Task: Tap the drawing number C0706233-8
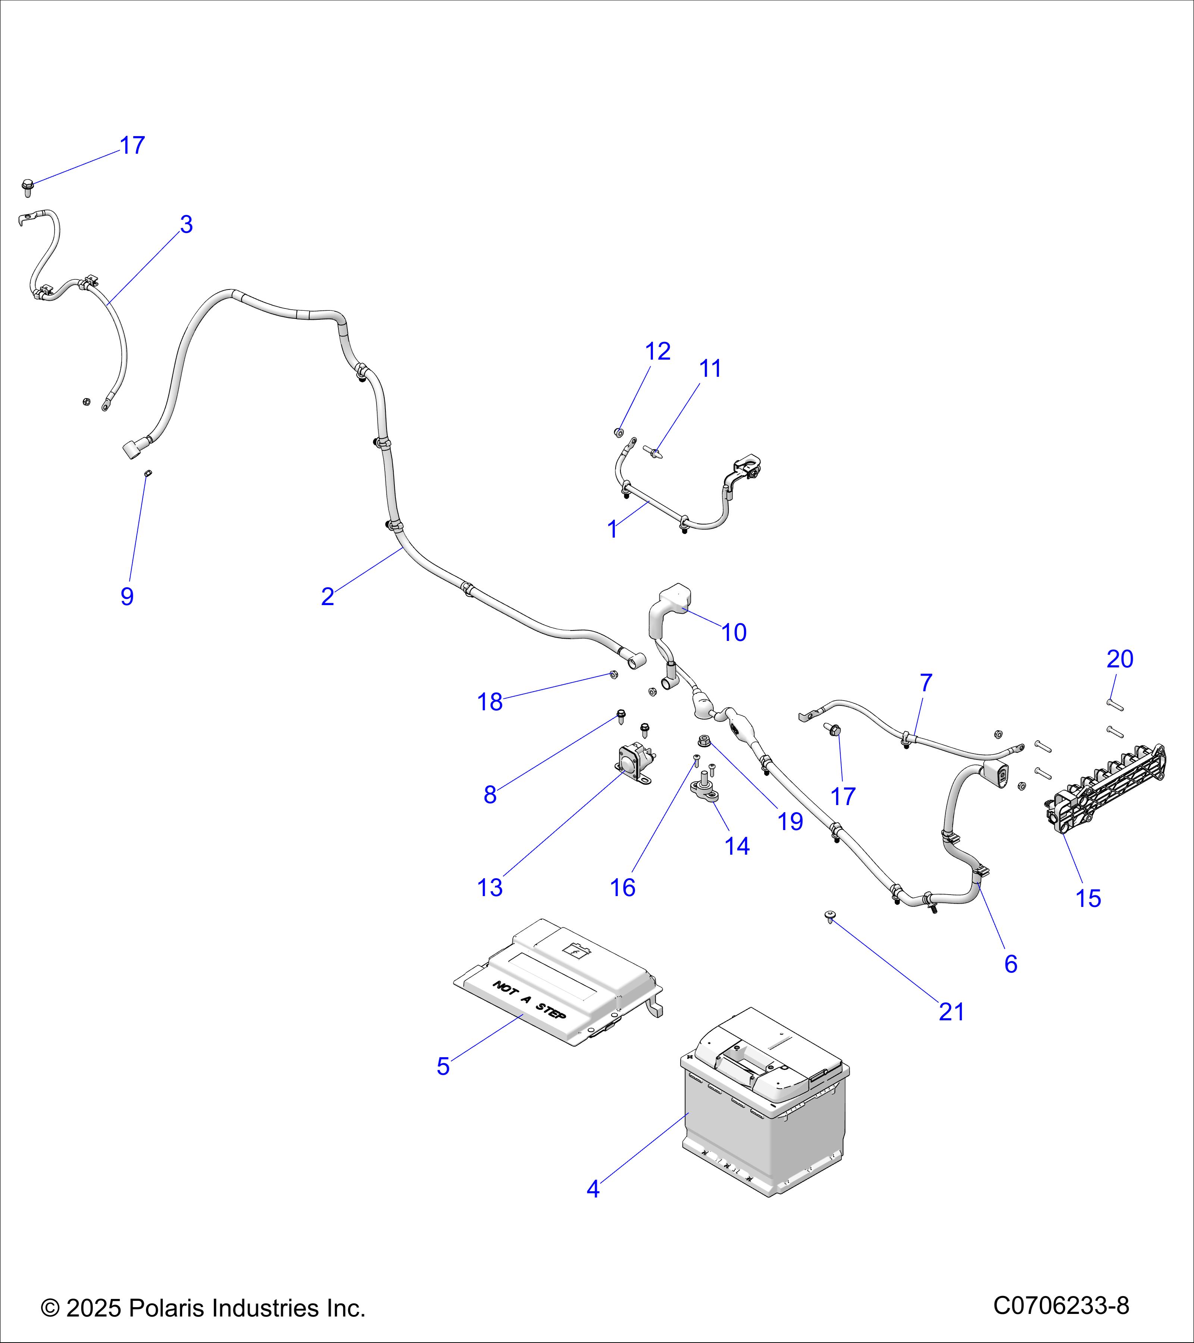point(1060,1305)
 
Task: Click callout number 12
point(658,351)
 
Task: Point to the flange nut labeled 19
point(703,741)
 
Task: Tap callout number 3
point(187,225)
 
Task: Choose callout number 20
point(1120,659)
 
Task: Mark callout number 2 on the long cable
point(327,597)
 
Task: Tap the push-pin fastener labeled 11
point(654,452)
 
